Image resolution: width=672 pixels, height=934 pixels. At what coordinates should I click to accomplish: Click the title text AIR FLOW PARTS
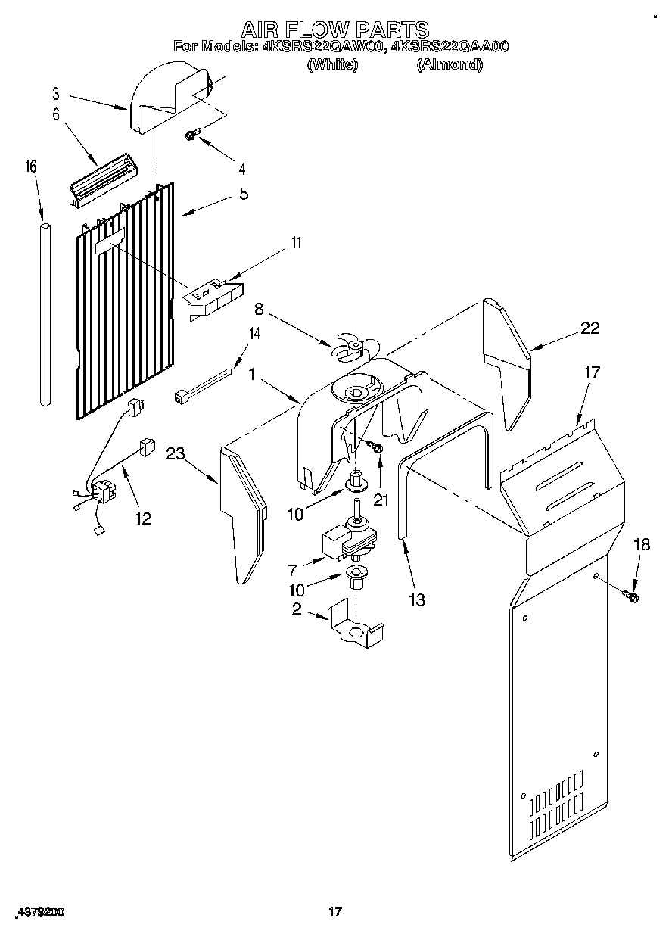335,30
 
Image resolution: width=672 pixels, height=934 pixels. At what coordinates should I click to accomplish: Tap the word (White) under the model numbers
332,64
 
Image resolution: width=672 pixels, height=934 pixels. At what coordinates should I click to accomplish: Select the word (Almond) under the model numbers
450,64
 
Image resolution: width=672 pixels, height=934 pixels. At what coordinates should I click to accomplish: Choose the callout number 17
591,372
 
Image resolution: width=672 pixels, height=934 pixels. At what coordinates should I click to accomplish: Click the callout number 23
176,454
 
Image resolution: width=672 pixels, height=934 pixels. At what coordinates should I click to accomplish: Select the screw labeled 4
191,135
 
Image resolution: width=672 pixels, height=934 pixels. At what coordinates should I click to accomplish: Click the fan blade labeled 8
350,347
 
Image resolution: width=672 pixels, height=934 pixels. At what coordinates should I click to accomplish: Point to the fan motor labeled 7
347,537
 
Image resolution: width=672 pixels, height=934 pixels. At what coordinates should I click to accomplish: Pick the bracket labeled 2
356,624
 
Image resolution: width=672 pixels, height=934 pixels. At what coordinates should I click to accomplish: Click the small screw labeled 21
378,450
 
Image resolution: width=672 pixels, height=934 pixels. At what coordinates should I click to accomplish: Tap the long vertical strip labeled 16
44,310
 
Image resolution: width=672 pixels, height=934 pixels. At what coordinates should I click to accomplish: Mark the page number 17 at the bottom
335,912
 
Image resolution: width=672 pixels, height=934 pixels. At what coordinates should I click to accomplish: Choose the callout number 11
296,243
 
